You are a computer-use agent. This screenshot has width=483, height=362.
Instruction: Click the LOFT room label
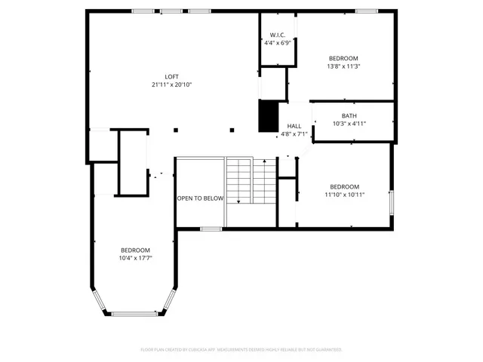(172, 76)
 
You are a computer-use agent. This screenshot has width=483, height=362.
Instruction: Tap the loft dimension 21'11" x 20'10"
(172, 84)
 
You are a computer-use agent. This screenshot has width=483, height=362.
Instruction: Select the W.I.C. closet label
(277, 35)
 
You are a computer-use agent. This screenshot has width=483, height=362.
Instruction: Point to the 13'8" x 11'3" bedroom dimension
(343, 66)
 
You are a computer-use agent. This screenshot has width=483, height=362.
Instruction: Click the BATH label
(349, 115)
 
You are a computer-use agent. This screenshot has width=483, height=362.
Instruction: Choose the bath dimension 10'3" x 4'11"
(349, 124)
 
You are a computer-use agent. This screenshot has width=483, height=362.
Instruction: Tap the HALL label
(294, 126)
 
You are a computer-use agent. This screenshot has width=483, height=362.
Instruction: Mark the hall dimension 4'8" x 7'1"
(294, 134)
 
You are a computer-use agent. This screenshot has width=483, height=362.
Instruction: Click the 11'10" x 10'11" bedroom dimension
(344, 195)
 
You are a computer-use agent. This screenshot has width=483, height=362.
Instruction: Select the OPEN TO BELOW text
(200, 198)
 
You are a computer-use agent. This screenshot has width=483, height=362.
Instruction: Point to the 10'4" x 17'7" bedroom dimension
(135, 258)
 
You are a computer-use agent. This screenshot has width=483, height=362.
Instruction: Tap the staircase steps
(252, 181)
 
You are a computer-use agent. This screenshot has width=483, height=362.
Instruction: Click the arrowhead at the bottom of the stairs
(238, 201)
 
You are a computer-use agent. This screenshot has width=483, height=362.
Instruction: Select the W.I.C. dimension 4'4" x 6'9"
(277, 43)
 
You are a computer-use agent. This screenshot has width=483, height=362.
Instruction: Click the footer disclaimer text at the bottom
(241, 350)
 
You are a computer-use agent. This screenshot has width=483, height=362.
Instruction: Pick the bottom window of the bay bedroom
(134, 314)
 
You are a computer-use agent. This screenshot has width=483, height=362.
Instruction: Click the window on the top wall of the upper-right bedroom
(366, 11)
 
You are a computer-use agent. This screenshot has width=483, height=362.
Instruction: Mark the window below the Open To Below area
(211, 228)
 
